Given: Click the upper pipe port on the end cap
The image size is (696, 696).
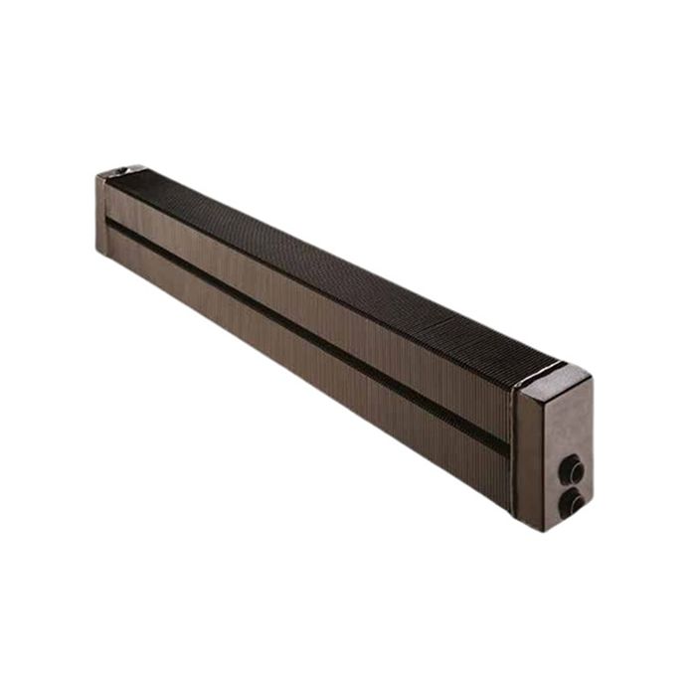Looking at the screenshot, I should pos(571,465).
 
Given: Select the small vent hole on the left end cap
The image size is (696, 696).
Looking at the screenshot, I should pos(121,171).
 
